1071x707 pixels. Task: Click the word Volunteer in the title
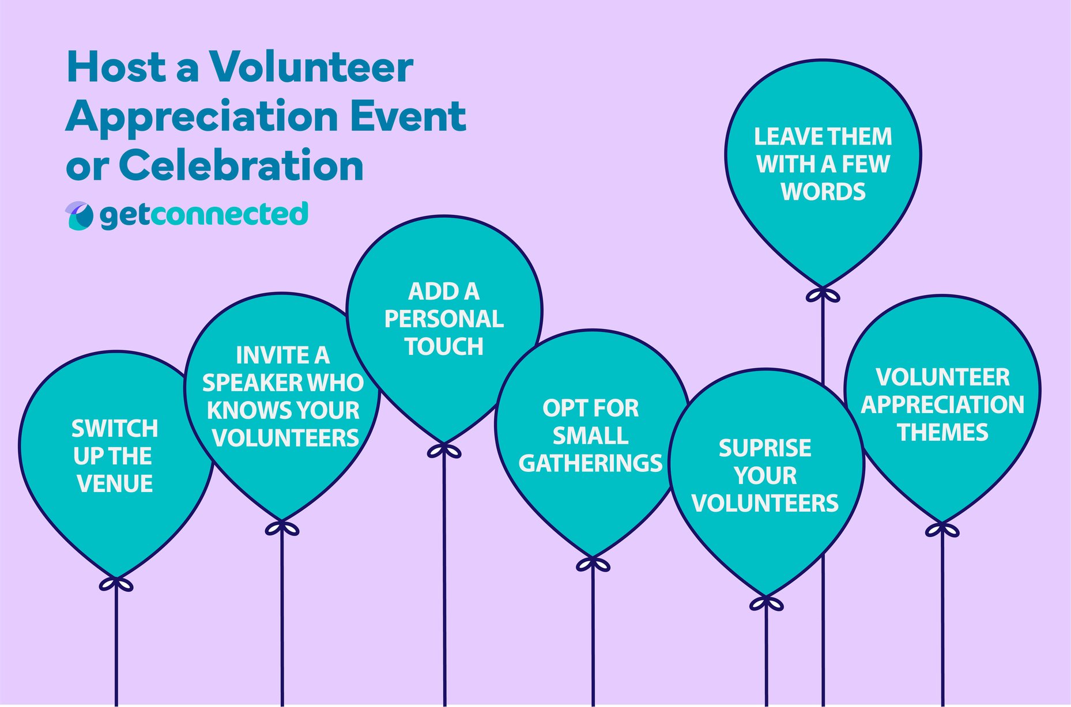pyautogui.click(x=311, y=67)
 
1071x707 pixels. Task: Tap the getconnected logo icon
pyautogui.click(x=79, y=215)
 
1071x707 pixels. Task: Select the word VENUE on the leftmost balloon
pyautogui.click(x=115, y=483)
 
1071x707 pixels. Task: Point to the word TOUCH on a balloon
pyautogui.click(x=444, y=346)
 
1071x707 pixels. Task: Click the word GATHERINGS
pyautogui.click(x=590, y=463)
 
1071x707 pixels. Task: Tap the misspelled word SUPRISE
pyautogui.click(x=764, y=448)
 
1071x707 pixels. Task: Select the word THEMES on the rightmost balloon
pyautogui.click(x=942, y=433)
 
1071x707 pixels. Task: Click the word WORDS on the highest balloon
pyautogui.click(x=823, y=192)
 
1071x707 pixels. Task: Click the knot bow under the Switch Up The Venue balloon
pyautogui.click(x=116, y=584)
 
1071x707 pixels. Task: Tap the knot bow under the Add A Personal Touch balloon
pyautogui.click(x=444, y=451)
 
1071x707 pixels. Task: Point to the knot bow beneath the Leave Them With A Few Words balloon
pyautogui.click(x=823, y=295)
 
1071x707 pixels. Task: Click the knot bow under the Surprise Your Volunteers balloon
pyautogui.click(x=766, y=603)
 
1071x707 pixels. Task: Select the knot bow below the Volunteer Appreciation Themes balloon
pyautogui.click(x=942, y=530)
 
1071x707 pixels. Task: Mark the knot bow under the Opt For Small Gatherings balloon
pyautogui.click(x=593, y=564)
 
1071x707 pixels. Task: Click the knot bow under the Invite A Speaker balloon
pyautogui.click(x=282, y=528)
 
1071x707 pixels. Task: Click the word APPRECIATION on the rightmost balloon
pyautogui.click(x=942, y=405)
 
